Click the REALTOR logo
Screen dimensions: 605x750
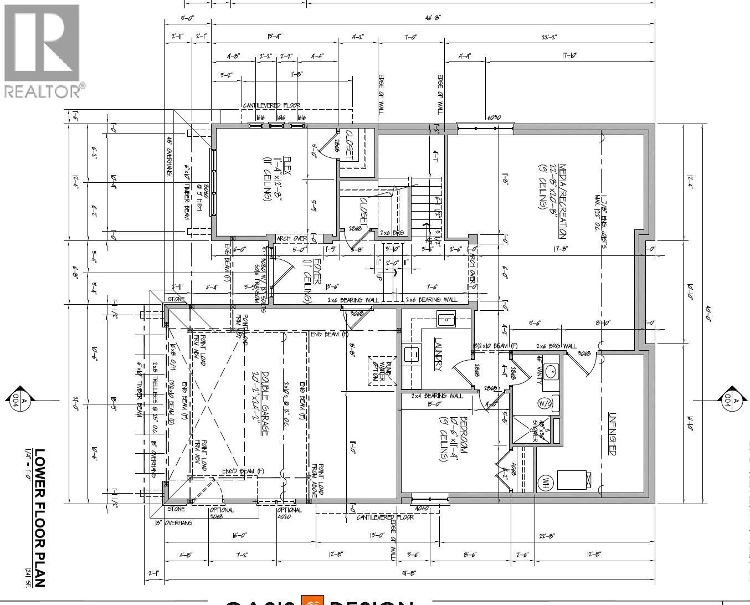(43, 51)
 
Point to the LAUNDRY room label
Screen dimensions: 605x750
(438, 355)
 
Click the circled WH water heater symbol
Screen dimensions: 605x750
(545, 481)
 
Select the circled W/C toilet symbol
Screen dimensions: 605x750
(544, 403)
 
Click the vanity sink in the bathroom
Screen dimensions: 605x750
(549, 372)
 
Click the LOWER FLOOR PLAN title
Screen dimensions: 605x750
(39, 517)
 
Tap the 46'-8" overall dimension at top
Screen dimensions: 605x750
(433, 17)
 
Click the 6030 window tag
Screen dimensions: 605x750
(494, 117)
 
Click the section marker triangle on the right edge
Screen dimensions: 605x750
(733, 397)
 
